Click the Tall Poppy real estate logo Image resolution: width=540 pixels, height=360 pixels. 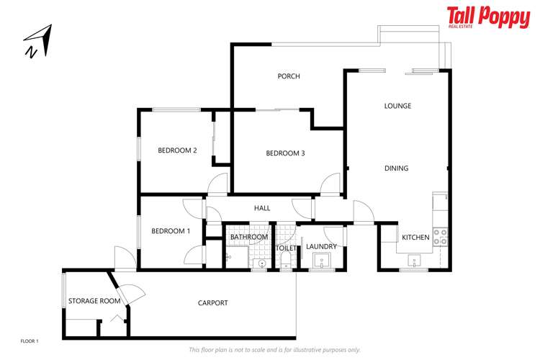487,17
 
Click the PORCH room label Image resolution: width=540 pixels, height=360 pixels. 288,76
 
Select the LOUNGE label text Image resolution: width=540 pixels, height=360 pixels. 397,106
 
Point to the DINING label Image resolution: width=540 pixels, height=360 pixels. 396,168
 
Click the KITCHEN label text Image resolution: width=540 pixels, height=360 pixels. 415,238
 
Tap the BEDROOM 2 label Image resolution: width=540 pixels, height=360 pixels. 177,150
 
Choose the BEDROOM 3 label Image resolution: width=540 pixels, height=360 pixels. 285,153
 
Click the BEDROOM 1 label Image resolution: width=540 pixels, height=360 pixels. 171,231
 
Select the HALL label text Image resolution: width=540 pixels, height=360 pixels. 262,208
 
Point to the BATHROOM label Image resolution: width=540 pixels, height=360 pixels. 248,237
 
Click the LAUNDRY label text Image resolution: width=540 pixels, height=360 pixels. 321,247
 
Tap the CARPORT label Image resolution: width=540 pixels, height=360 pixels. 212,303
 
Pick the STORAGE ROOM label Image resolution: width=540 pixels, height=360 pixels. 94,301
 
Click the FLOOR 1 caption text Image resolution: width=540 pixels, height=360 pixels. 29,340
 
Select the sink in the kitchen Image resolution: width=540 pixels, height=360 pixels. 415,260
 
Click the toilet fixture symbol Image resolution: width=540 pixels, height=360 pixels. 285,261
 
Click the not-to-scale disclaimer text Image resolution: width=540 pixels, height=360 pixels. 274,350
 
